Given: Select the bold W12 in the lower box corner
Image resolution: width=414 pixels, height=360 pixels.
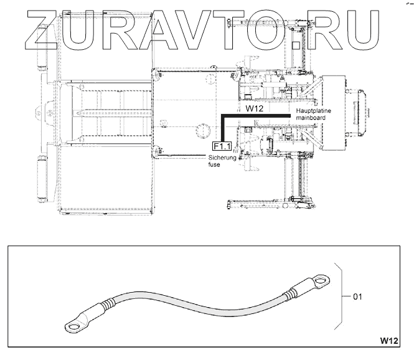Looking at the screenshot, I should [x=388, y=341].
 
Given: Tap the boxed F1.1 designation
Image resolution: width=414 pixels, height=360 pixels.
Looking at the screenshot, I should [x=222, y=146].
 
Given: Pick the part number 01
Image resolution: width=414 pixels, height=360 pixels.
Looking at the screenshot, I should [x=357, y=296].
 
